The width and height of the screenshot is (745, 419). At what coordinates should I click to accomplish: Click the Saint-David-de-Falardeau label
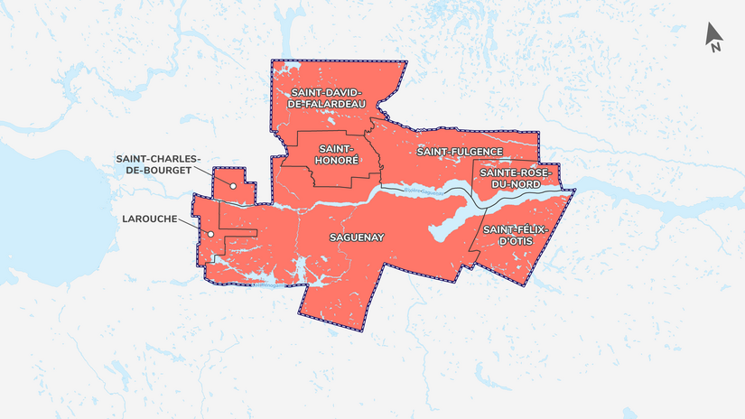[326, 98]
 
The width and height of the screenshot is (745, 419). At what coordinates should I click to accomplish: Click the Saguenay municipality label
[357, 237]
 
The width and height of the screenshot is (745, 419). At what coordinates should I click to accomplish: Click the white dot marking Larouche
[210, 235]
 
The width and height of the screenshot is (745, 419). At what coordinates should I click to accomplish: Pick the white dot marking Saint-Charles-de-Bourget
[233, 186]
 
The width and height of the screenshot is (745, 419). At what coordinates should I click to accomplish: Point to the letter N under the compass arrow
[715, 48]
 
